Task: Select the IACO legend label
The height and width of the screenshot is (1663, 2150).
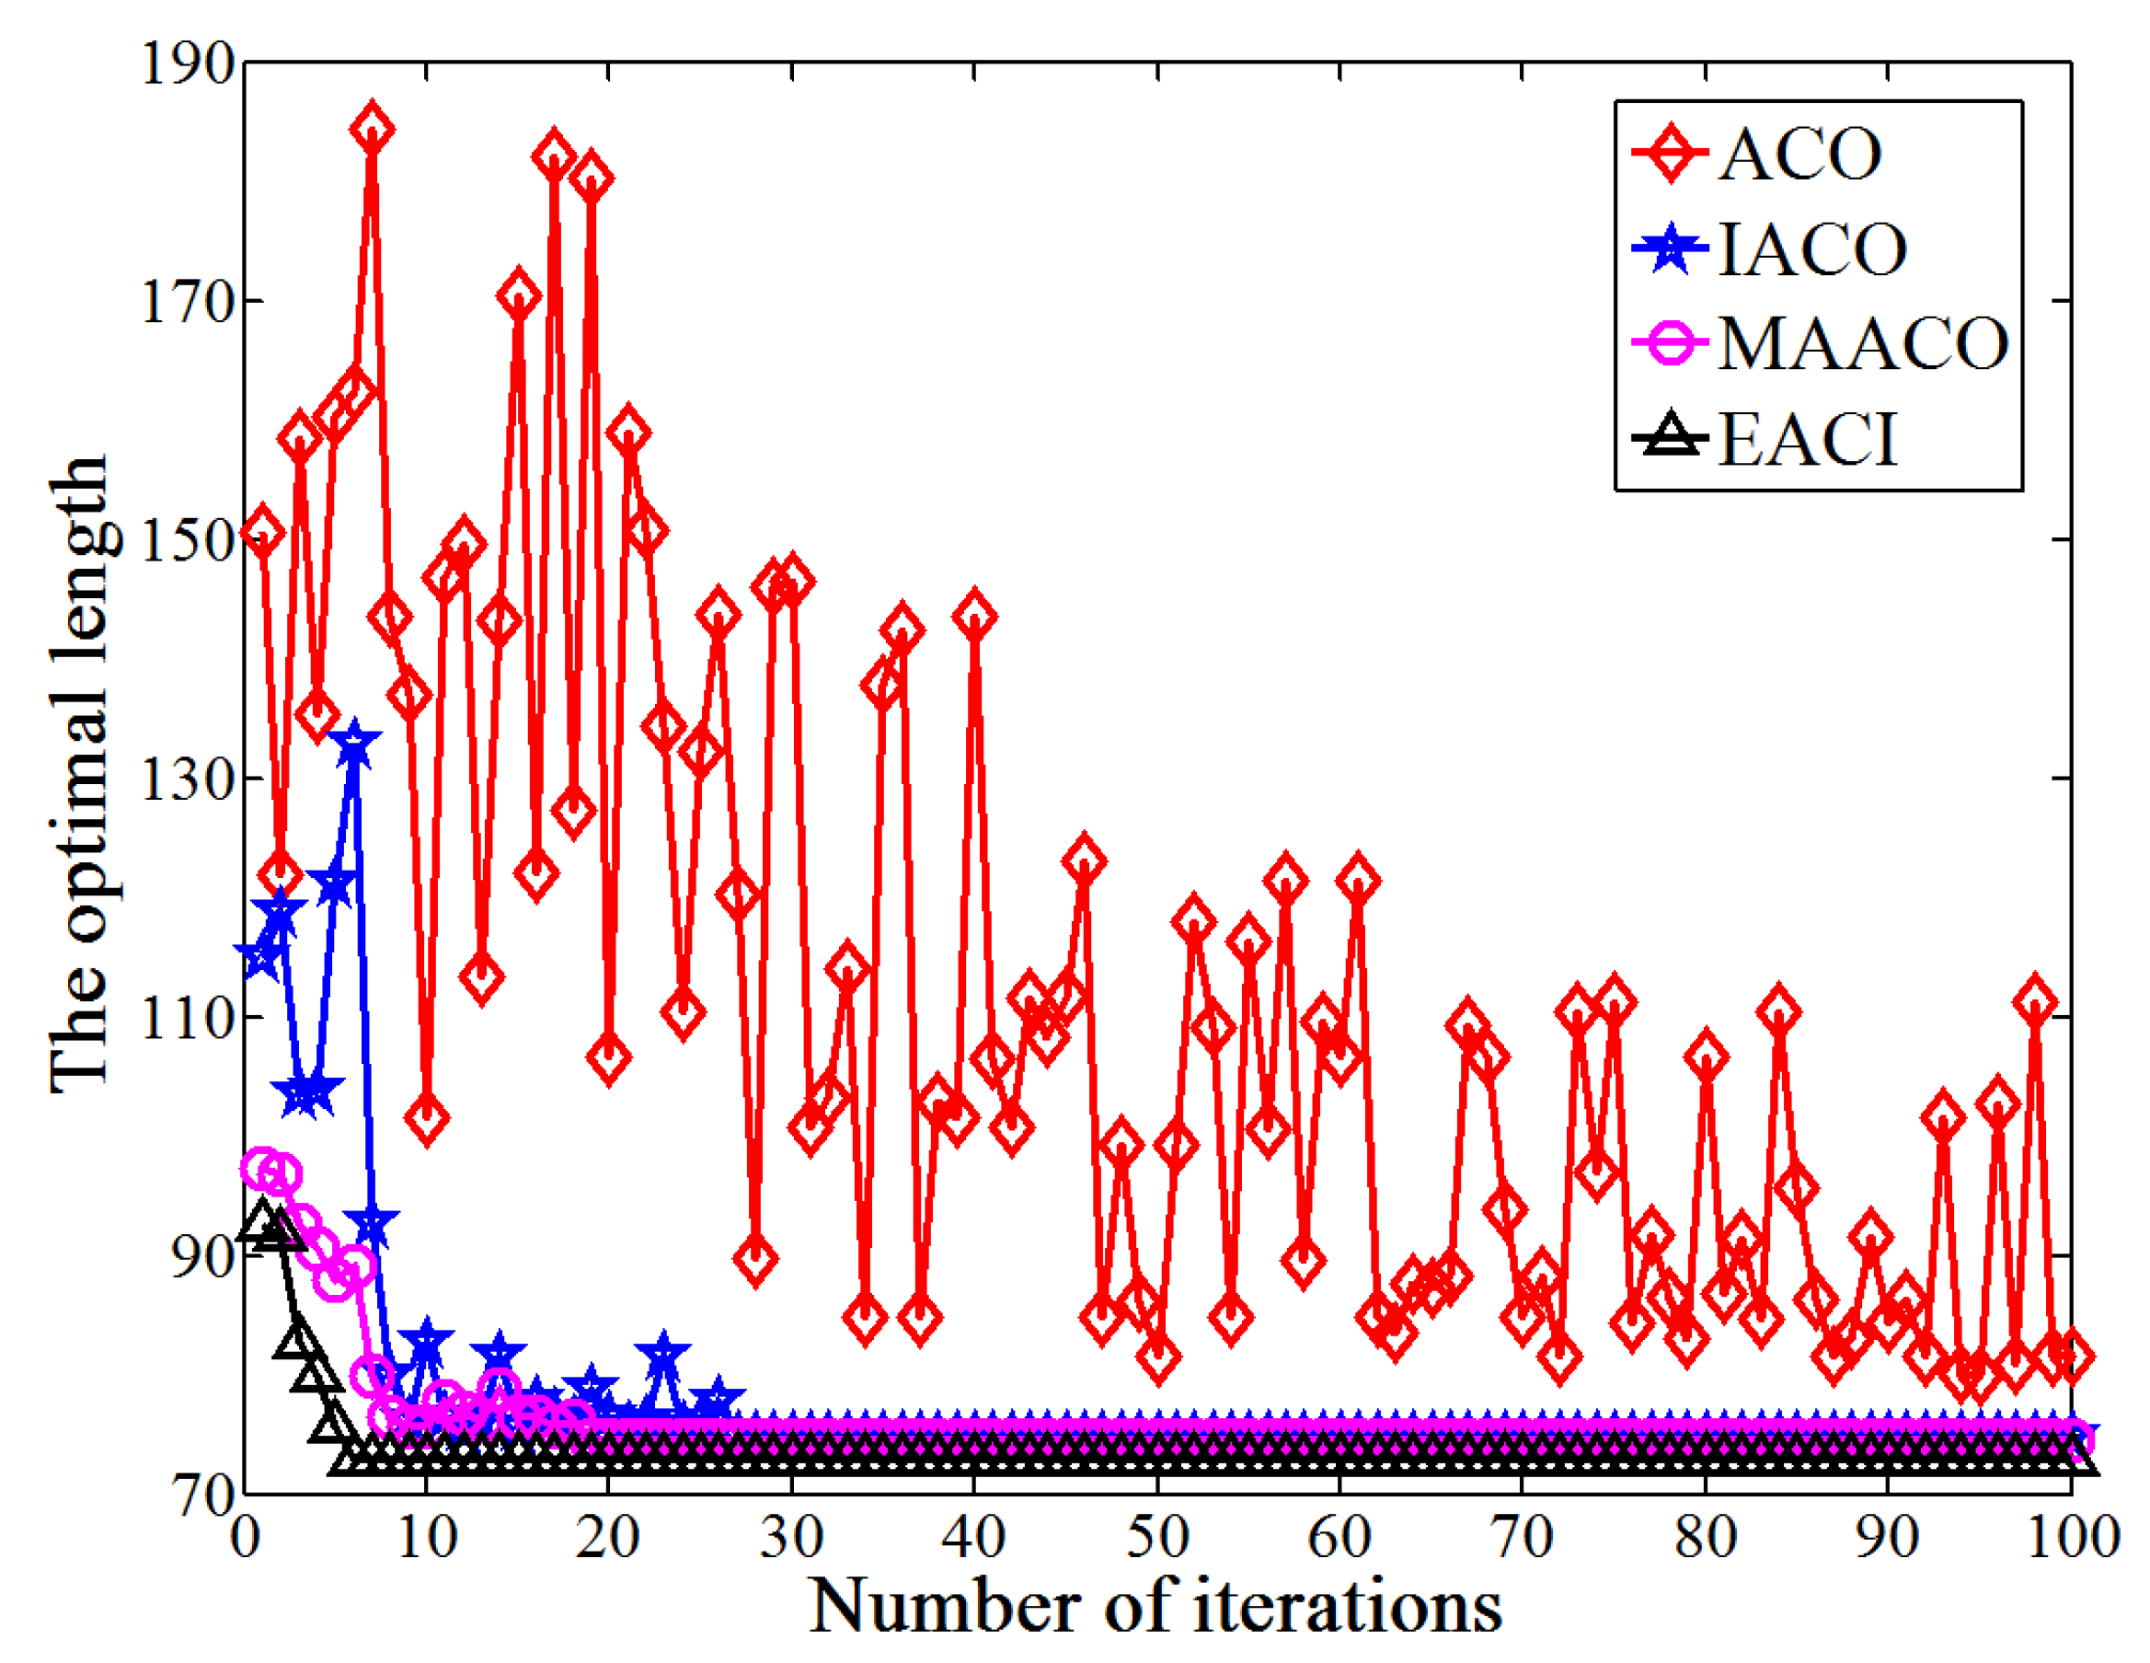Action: coord(1812,249)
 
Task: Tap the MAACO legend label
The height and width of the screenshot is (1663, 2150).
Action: coord(1863,343)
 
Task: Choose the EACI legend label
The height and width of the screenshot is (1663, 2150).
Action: coord(1808,439)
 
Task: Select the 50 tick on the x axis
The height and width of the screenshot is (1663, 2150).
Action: coord(1156,1537)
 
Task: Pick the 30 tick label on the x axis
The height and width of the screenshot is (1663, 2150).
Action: coord(791,1537)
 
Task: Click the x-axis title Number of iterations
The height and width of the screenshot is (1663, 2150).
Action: coord(1155,1607)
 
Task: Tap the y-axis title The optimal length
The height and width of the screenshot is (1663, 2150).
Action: coord(79,773)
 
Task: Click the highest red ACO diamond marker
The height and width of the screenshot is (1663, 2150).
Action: coord(372,130)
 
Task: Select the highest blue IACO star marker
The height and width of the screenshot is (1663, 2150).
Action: coord(353,746)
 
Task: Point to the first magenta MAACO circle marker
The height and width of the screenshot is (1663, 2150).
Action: coord(262,1169)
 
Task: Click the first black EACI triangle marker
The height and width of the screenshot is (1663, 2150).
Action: coord(262,1221)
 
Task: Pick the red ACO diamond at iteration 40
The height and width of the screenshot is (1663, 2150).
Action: coord(974,617)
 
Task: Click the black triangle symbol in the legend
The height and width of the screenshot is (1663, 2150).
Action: coord(1671,438)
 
